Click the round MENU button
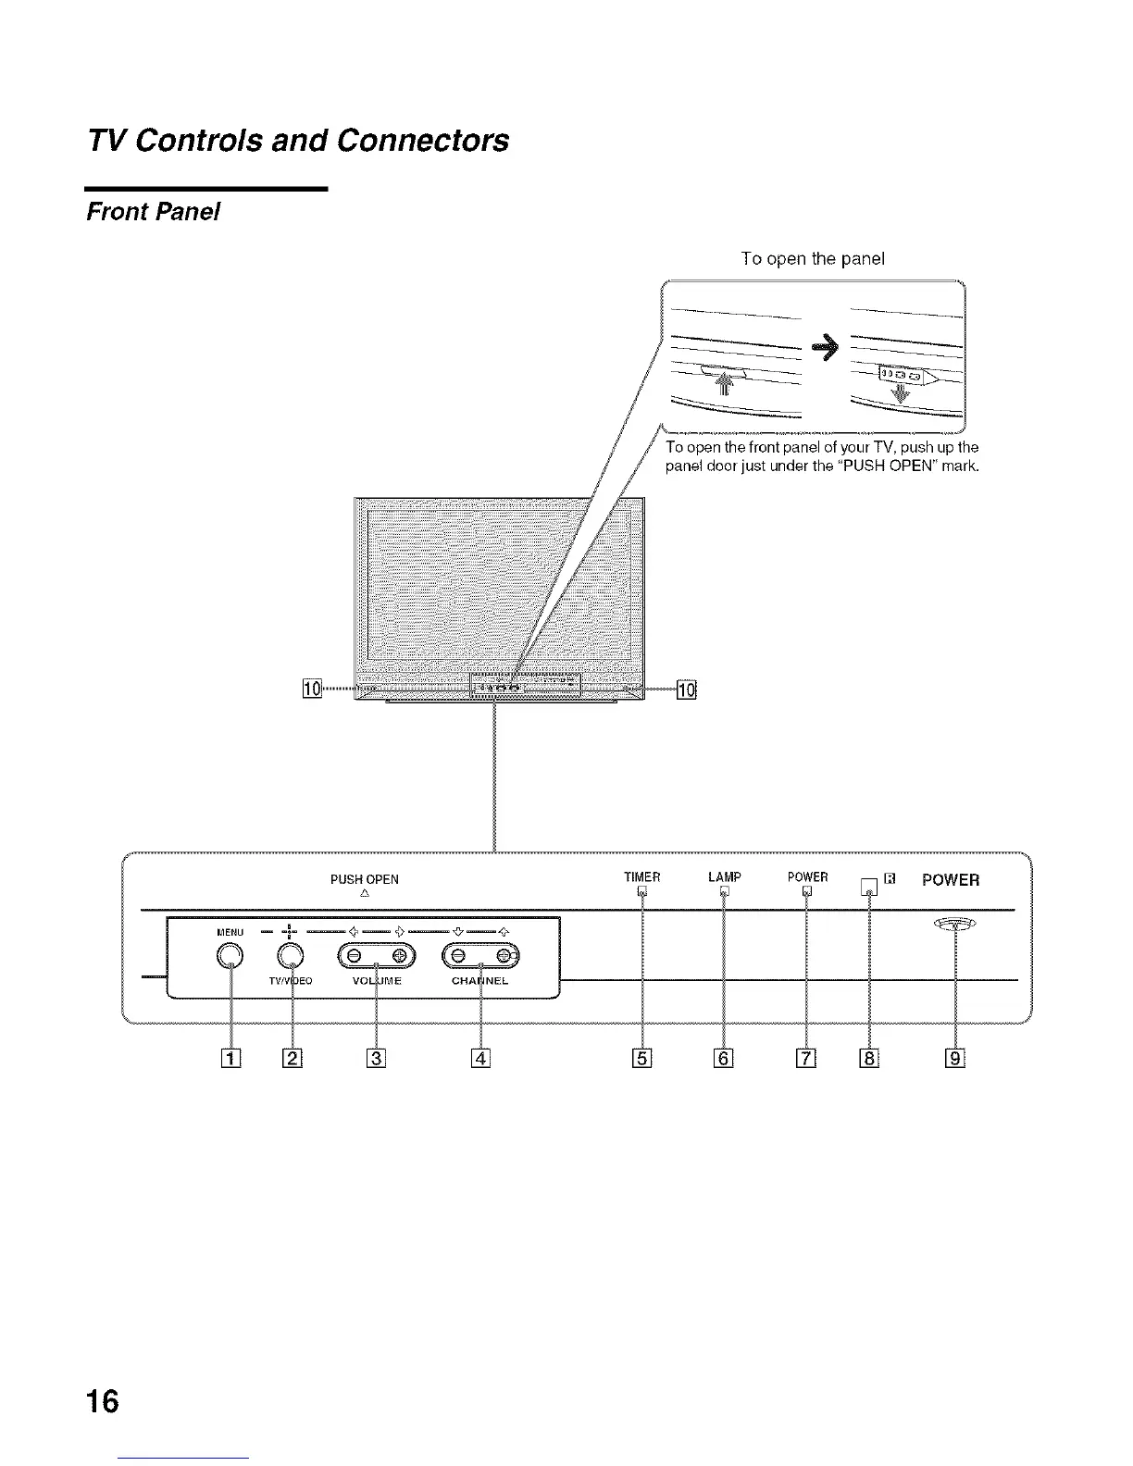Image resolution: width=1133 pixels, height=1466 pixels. (x=231, y=956)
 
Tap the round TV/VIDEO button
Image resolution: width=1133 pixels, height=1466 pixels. (x=292, y=956)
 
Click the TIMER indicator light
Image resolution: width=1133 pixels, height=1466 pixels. (x=641, y=892)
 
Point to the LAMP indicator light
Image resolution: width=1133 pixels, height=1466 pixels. (x=725, y=892)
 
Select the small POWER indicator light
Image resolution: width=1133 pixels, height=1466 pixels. (x=807, y=892)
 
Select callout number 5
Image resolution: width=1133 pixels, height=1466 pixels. (x=642, y=1056)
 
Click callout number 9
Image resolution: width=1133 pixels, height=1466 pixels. (x=955, y=1056)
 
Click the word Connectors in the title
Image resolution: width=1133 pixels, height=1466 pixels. (x=423, y=140)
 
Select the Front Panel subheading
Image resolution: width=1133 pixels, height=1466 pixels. (x=153, y=212)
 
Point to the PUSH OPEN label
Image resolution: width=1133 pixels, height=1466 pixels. (x=365, y=879)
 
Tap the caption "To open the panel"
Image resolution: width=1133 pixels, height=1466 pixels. (x=813, y=259)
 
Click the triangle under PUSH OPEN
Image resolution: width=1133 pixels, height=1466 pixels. (x=365, y=894)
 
